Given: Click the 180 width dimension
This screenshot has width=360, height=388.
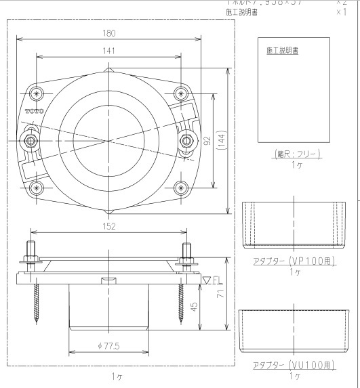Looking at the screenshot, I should [x=109, y=33].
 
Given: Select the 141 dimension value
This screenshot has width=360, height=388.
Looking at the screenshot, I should [x=108, y=51].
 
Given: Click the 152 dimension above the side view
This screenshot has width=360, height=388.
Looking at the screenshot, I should [x=109, y=226].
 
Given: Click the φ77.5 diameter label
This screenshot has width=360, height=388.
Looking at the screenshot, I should [x=109, y=347].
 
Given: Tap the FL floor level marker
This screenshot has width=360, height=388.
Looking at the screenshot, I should [x=212, y=279].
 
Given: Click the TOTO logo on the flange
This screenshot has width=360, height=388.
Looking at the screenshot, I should [x=34, y=110].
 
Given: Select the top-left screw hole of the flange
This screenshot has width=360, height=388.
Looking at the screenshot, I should [x=37, y=93].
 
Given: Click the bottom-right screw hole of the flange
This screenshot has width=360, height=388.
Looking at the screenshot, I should [x=180, y=188].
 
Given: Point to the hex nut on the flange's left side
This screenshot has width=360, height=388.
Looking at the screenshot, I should [x=31, y=139].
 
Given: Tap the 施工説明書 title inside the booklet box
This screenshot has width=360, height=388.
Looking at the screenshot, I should [x=284, y=51].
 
